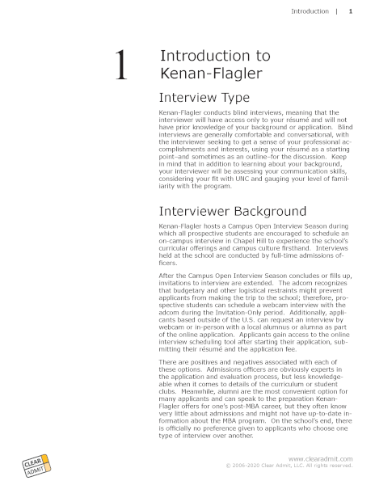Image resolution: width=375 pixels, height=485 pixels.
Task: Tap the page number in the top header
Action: [x=350, y=12]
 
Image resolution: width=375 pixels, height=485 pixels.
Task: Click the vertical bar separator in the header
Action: [x=335, y=12]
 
